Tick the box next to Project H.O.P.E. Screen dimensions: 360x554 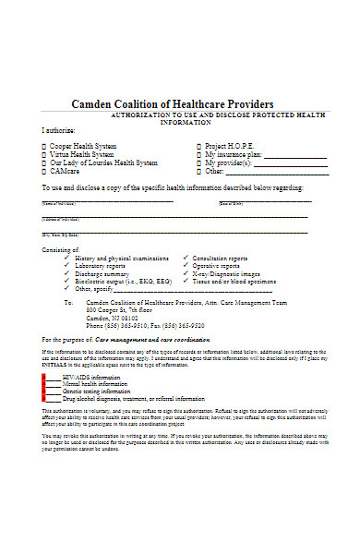coord(198,146)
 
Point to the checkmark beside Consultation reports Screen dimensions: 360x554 coord(186,258)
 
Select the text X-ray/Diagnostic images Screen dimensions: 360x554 coord(226,274)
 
